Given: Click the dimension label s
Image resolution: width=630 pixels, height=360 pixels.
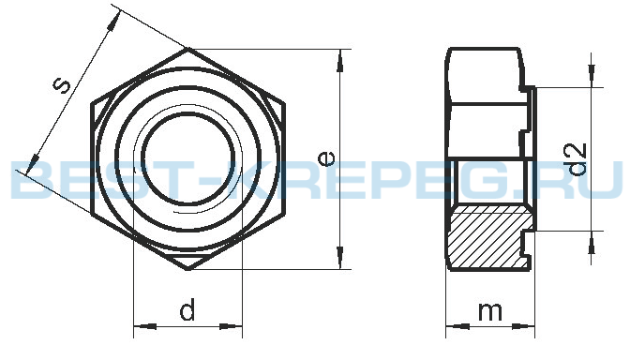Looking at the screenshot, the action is [x=62, y=85].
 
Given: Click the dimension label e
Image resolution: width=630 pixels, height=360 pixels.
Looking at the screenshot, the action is [x=326, y=158].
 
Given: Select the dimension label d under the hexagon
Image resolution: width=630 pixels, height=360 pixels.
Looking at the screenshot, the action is [x=187, y=308].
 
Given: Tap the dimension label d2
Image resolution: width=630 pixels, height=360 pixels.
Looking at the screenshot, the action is [x=577, y=159].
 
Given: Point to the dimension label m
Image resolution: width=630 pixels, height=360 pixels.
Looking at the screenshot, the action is [x=490, y=311].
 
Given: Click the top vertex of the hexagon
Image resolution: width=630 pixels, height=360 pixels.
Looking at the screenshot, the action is [x=188, y=48].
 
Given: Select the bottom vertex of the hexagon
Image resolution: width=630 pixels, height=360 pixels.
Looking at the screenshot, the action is [x=188, y=269].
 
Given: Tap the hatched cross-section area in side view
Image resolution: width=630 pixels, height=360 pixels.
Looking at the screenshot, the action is [x=487, y=237].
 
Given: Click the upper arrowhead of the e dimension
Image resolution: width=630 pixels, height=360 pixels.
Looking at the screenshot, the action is [x=340, y=61].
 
